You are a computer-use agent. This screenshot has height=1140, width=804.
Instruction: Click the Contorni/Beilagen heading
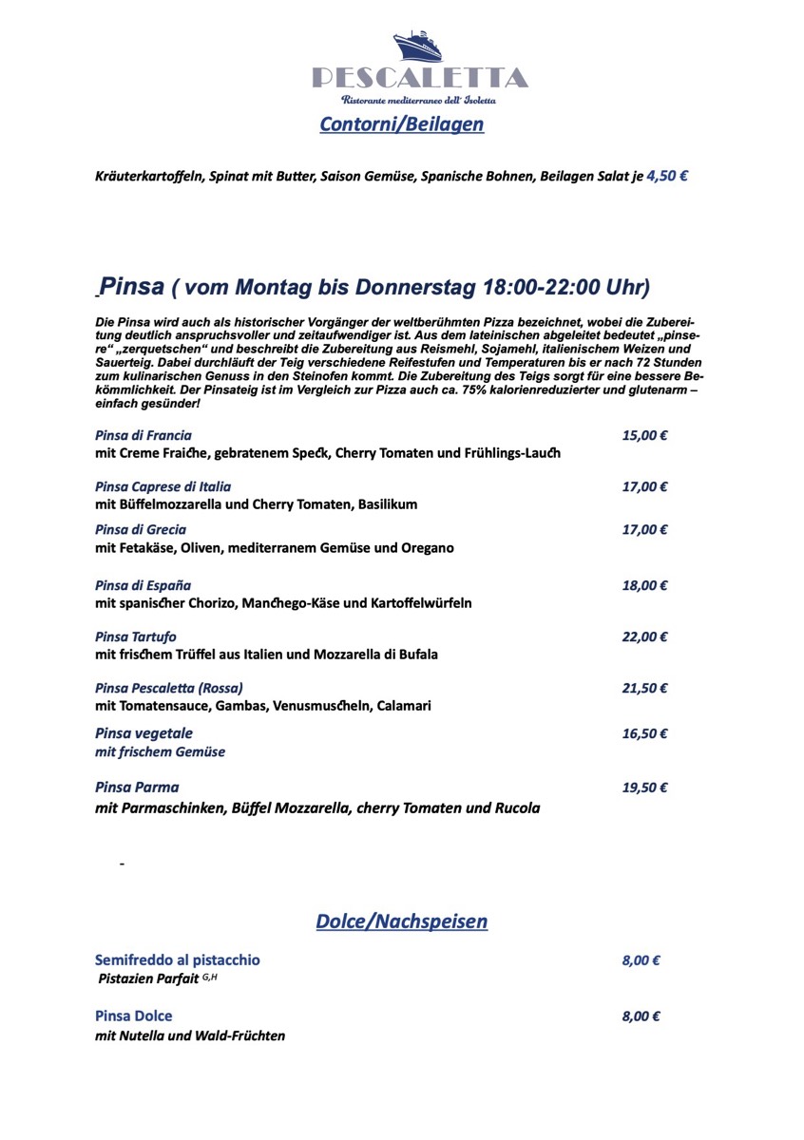[x=401, y=123]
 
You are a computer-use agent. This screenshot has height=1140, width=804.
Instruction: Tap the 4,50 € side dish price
[x=668, y=175]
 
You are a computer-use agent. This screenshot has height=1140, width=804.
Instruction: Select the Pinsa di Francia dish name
[x=144, y=435]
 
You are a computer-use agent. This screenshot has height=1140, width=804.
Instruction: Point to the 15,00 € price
[x=644, y=435]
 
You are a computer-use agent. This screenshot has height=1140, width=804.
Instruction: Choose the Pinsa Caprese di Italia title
[x=163, y=486]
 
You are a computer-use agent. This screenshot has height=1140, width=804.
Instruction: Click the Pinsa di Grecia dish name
[x=141, y=529]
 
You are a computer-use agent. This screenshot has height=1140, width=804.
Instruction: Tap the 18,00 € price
[x=644, y=585]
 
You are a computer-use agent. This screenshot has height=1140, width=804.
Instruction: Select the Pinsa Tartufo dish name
[x=136, y=636]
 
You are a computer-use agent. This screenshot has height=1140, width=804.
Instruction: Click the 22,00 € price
[x=644, y=636]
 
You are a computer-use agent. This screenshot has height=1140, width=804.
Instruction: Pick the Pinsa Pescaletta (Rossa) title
[x=169, y=688]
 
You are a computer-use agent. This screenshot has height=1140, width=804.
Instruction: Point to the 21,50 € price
[x=644, y=688]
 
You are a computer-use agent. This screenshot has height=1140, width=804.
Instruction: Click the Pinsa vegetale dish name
[x=144, y=733]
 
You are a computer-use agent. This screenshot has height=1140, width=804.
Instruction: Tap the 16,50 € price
[x=644, y=733]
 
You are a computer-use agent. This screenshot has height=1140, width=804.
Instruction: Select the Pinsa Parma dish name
[x=137, y=788]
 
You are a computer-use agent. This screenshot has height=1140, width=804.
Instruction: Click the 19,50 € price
[x=644, y=788]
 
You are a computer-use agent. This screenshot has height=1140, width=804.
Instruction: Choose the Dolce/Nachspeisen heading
[x=401, y=921]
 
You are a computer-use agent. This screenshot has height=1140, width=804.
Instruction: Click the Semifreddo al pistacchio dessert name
[x=177, y=960]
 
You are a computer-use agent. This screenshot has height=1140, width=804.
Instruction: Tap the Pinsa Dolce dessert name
[x=134, y=1016]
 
